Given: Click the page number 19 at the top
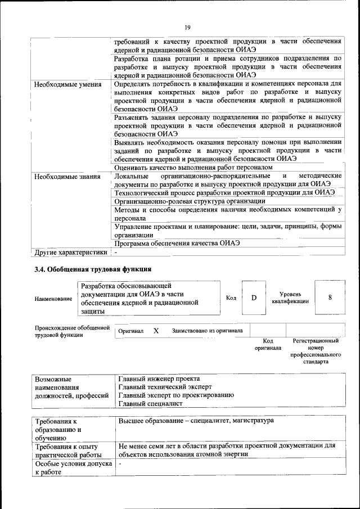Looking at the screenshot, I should click(188, 26).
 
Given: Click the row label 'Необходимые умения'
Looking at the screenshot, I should click(67, 85).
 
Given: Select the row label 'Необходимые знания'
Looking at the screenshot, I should click(67, 177).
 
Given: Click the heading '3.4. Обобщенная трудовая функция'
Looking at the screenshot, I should click(93, 269).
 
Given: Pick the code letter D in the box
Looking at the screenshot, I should click(254, 298).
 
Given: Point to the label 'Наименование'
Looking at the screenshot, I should click(53, 298).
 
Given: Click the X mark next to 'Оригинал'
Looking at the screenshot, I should click(156, 331).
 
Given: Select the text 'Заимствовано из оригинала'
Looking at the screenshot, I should click(207, 331).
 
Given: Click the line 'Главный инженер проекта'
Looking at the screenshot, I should click(159, 379).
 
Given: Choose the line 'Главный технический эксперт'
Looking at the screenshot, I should click(165, 387).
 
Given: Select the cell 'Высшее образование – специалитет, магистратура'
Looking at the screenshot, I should click(196, 421).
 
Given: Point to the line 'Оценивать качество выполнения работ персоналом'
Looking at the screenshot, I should click(193, 168).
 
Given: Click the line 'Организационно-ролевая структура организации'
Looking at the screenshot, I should click(190, 201).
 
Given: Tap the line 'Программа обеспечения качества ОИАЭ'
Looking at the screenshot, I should click(177, 244).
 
